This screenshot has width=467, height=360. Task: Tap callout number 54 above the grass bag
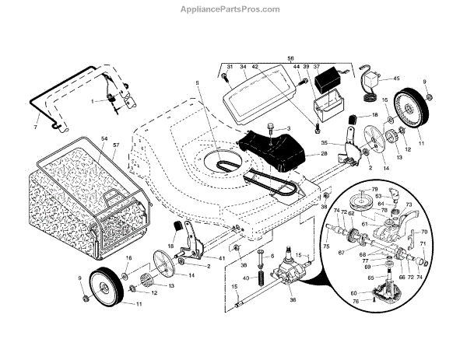(x=104, y=138)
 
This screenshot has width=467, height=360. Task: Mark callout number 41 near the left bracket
(x=222, y=257)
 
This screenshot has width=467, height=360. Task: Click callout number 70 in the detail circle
(x=424, y=232)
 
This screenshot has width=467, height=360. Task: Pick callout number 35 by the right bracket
(x=325, y=143)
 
